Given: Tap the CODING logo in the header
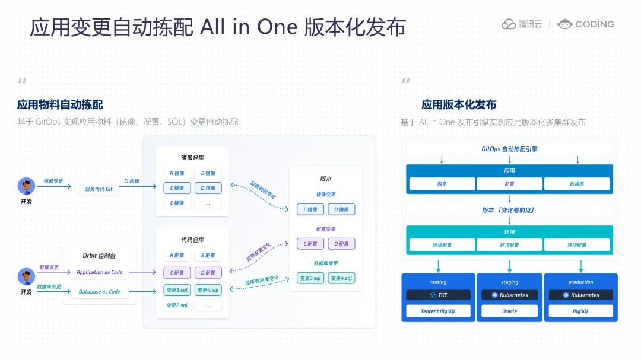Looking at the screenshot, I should click(x=586, y=24).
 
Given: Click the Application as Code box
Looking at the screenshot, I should click(x=99, y=273).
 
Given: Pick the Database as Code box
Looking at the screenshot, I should click(x=99, y=291).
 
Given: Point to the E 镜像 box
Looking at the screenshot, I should click(x=177, y=203).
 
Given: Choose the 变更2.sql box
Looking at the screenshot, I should click(x=177, y=305).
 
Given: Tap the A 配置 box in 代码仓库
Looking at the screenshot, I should click(x=177, y=256).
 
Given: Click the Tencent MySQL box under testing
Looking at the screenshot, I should click(x=438, y=311).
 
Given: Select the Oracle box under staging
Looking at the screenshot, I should click(x=509, y=311).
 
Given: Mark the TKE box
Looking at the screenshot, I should click(x=438, y=295).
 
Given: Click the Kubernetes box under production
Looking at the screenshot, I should click(x=580, y=295).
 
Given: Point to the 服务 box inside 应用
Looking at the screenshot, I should click(x=442, y=184).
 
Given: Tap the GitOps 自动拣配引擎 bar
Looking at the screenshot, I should click(x=509, y=149).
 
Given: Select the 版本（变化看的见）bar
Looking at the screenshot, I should click(x=509, y=210).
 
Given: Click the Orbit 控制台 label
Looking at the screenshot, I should click(x=99, y=256).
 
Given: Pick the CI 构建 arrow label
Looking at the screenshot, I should click(x=132, y=181).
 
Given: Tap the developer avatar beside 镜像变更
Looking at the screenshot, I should click(x=26, y=186).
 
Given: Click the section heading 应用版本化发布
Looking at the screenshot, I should click(x=458, y=105).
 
